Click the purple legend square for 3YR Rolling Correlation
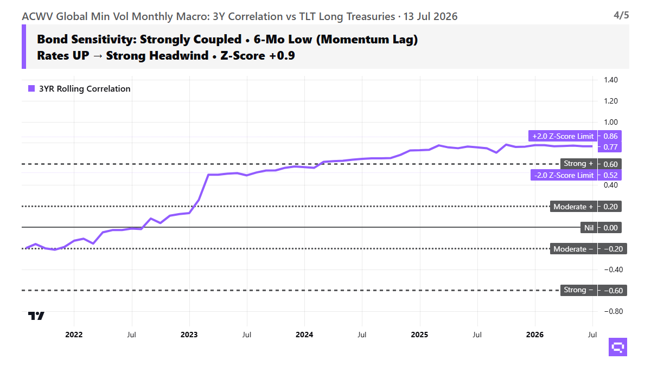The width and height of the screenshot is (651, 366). tap(31, 88)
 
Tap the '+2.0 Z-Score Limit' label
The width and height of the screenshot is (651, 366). tap(563, 136)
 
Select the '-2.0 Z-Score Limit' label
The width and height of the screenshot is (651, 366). tap(564, 175)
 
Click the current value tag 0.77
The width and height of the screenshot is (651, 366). tap(610, 147)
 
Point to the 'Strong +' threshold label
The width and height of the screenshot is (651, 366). tap(578, 164)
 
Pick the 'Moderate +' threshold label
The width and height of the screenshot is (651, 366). tap(573, 207)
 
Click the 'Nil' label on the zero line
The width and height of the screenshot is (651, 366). tap(589, 228)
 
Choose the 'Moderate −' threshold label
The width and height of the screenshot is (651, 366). tap(573, 249)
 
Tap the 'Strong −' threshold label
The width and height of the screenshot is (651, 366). tap(578, 290)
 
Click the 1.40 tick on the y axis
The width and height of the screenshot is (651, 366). tap(611, 80)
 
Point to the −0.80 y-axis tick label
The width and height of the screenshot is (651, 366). tap(614, 311)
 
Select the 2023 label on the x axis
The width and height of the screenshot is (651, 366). tap(189, 335)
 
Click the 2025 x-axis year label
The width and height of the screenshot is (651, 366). tap(419, 335)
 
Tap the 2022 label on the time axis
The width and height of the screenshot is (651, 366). tap(74, 335)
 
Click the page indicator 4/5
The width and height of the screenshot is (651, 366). tap(621, 15)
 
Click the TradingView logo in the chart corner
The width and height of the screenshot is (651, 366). tap(36, 316)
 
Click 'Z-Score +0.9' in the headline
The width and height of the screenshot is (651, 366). tap(258, 55)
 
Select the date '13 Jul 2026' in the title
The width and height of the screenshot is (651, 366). tap(430, 17)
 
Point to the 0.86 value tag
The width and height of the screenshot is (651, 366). tap(610, 136)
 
